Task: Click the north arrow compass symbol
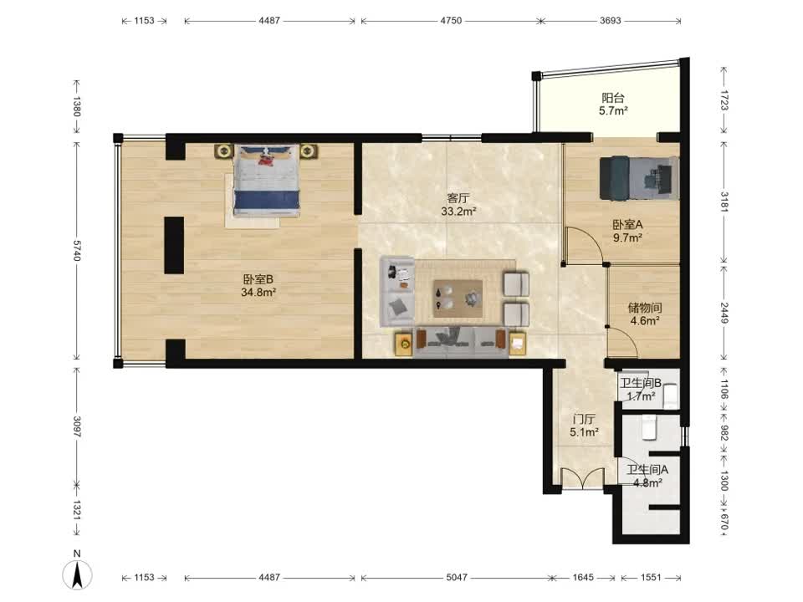tap(77, 574)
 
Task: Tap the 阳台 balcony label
tap(613, 97)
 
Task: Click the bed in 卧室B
tap(266, 180)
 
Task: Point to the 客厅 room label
tap(458, 198)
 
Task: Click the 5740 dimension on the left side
tap(77, 250)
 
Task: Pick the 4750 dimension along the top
tap(451, 20)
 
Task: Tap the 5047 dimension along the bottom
tap(457, 578)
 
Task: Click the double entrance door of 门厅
tap(582, 479)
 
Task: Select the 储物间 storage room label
tap(645, 308)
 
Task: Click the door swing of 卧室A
tap(584, 246)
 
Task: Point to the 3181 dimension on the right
tap(724, 202)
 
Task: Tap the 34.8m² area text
tap(258, 293)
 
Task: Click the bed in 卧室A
tap(640, 177)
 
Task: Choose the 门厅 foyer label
tap(584, 419)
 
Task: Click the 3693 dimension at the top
tap(611, 20)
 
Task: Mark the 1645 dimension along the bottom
tap(583, 578)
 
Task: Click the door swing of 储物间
tap(622, 342)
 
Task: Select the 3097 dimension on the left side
tap(77, 427)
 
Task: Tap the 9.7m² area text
tap(628, 237)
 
